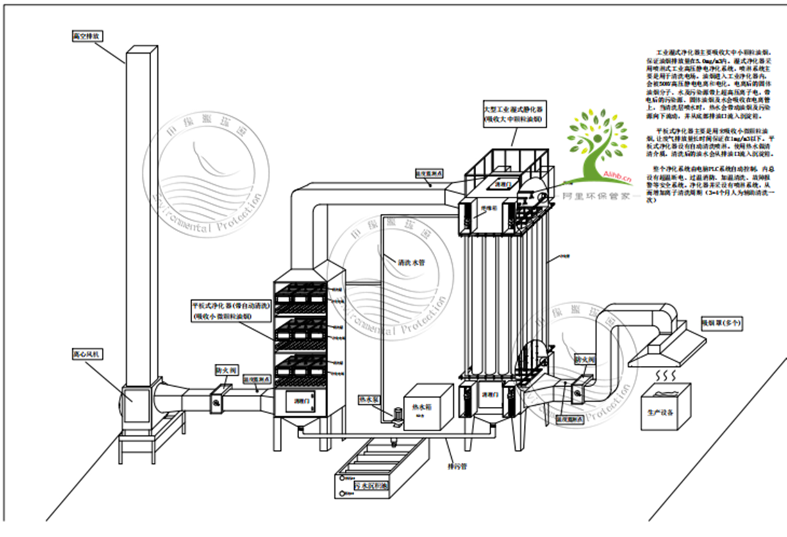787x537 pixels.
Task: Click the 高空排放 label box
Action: [87, 36]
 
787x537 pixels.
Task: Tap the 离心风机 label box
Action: [87, 354]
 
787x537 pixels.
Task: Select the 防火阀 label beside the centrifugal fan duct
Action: [226, 370]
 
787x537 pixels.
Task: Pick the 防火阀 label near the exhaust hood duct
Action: [585, 360]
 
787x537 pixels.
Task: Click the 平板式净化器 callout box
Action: [231, 311]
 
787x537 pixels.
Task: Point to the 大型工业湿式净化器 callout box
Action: [514, 114]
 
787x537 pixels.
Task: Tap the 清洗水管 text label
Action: [411, 263]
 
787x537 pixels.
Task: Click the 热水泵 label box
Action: [369, 399]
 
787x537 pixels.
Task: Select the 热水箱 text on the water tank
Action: [422, 407]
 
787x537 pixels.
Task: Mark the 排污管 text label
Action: [457, 466]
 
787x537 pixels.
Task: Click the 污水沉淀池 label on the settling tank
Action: [371, 486]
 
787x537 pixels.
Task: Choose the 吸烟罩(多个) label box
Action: [721, 323]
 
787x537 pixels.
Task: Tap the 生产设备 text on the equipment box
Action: [660, 412]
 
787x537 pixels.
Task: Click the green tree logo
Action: [598, 143]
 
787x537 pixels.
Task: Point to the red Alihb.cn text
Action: [617, 176]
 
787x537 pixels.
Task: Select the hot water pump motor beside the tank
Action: [397, 417]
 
